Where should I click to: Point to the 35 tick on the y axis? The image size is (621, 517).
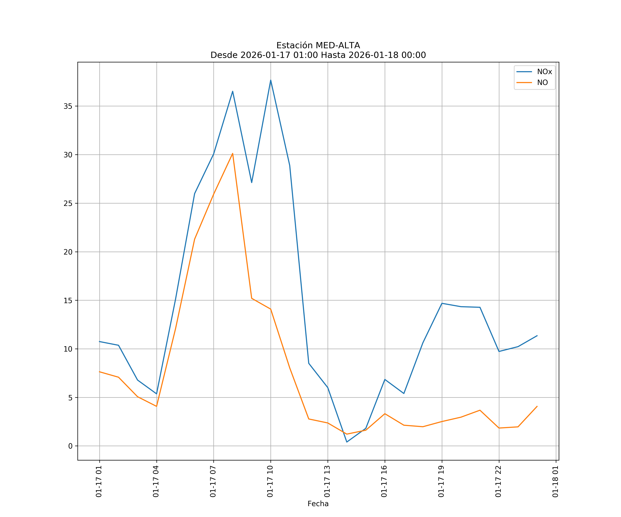[68, 106]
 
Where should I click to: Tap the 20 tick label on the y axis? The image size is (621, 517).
[68, 252]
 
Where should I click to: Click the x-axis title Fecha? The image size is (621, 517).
[318, 504]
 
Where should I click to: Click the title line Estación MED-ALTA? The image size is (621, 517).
[318, 45]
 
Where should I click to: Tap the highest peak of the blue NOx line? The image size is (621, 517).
[271, 80]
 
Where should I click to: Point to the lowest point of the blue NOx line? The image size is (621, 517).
[347, 442]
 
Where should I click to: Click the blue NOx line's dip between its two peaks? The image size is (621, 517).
[252, 183]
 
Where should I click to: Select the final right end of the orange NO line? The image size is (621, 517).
[537, 406]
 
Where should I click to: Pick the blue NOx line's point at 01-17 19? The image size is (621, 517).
[442, 303]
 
